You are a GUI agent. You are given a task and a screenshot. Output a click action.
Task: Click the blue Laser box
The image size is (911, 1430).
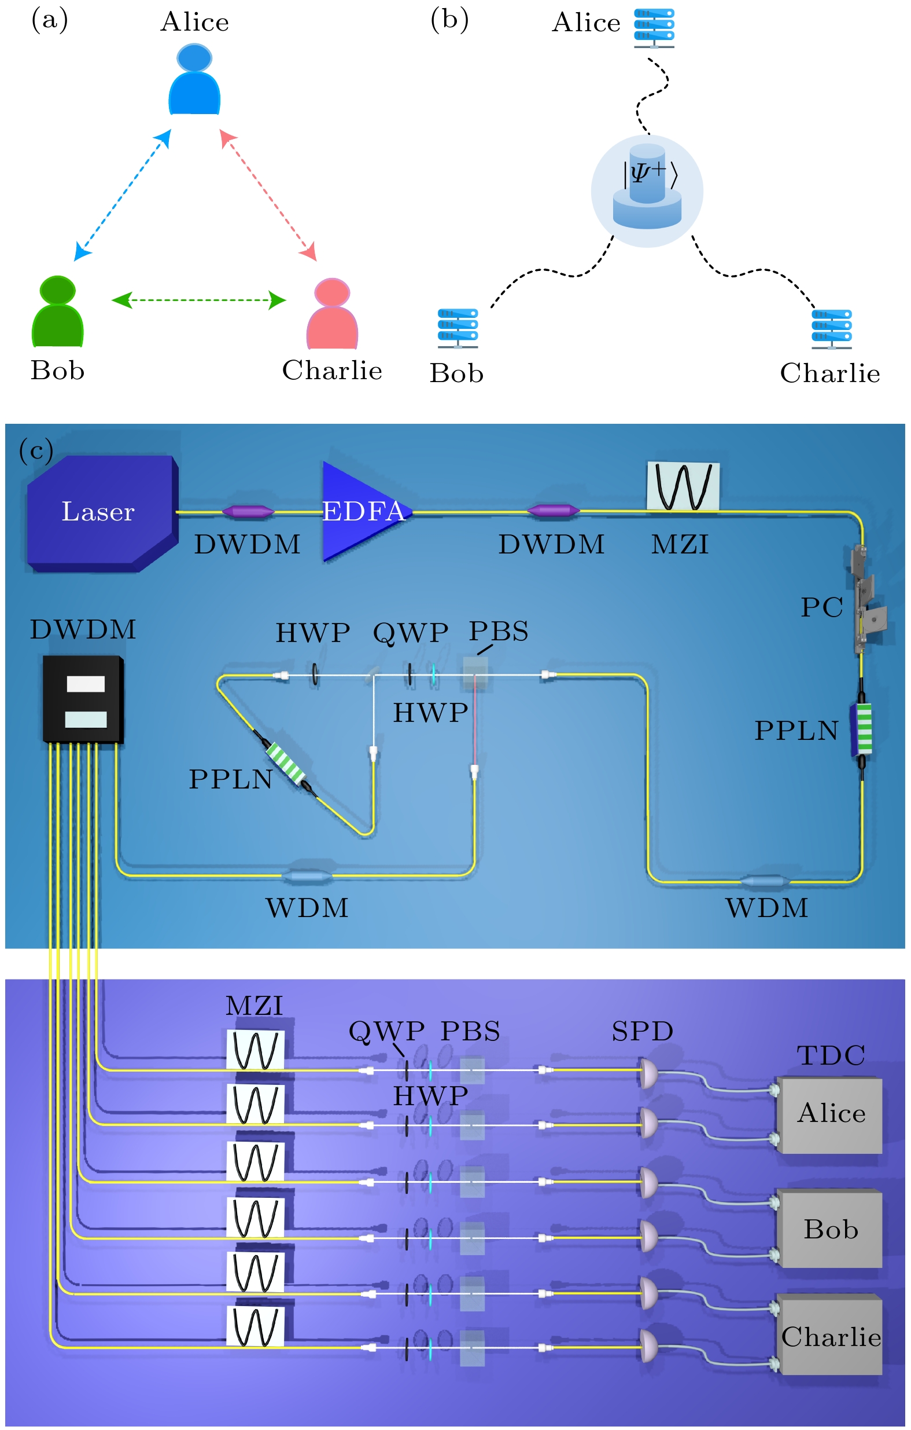pyautogui.click(x=101, y=513)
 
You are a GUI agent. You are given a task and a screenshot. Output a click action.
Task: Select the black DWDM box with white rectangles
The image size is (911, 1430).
pyautogui.click(x=83, y=699)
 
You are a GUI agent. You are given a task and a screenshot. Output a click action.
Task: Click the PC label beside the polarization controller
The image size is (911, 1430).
pyautogui.click(x=821, y=607)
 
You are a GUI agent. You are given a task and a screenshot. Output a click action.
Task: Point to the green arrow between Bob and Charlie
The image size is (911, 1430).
pyautogui.click(x=199, y=300)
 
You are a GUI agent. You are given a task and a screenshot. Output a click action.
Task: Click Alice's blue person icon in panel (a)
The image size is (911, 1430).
pyautogui.click(x=195, y=79)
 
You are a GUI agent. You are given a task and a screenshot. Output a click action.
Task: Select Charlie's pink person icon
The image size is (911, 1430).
pyautogui.click(x=333, y=314)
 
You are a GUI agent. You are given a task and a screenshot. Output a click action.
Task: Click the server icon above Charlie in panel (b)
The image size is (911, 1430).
pyautogui.click(x=832, y=329)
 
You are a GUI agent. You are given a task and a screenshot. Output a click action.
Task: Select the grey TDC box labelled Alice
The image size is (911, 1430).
pyautogui.click(x=829, y=1116)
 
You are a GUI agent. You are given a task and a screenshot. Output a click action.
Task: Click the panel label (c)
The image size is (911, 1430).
pyautogui.click(x=36, y=452)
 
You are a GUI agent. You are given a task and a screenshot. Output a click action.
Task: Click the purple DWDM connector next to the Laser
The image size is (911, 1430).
pyautogui.click(x=248, y=511)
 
